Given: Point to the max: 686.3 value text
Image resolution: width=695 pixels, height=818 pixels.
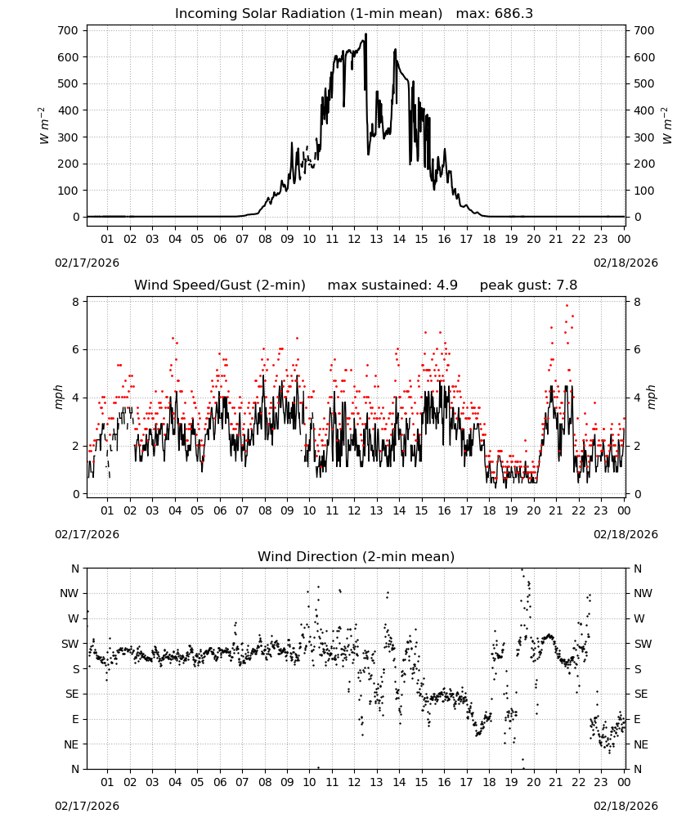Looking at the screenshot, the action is [x=495, y=14].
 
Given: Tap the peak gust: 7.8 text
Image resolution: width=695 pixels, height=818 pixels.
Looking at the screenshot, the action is [x=528, y=285].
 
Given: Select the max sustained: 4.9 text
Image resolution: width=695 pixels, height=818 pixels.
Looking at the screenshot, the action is [x=392, y=285].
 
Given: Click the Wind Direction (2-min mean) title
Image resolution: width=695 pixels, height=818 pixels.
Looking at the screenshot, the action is [x=356, y=556].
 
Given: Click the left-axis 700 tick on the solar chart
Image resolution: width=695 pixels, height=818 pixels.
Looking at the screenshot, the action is [x=68, y=30].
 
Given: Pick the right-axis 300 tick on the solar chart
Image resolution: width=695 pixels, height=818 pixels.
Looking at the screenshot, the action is [x=644, y=137].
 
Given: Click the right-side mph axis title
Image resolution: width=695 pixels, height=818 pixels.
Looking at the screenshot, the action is [x=651, y=398].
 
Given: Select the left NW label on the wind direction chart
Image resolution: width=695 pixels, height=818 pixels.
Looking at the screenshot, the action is [x=69, y=593].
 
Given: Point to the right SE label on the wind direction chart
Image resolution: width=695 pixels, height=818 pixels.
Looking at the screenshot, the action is [x=641, y=694].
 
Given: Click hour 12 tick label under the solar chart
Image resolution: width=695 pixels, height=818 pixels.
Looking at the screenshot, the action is [x=354, y=239].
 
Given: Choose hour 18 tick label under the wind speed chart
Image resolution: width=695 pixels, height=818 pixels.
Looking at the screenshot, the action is [x=488, y=510].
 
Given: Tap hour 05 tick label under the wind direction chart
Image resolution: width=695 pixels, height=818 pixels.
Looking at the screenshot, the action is [x=197, y=782].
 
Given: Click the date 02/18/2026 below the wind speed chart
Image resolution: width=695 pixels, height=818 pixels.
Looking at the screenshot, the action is [x=625, y=534].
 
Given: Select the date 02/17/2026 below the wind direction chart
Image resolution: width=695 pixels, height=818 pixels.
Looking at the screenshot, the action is [x=87, y=806].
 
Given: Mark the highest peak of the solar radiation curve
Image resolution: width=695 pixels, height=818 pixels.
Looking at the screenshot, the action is [x=365, y=34].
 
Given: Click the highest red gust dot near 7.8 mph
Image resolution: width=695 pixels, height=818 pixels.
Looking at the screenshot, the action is [x=567, y=306].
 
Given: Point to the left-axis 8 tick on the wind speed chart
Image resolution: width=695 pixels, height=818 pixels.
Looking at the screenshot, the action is [x=76, y=302].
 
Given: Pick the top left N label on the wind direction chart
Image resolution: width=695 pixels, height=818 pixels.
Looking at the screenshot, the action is [x=75, y=569].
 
